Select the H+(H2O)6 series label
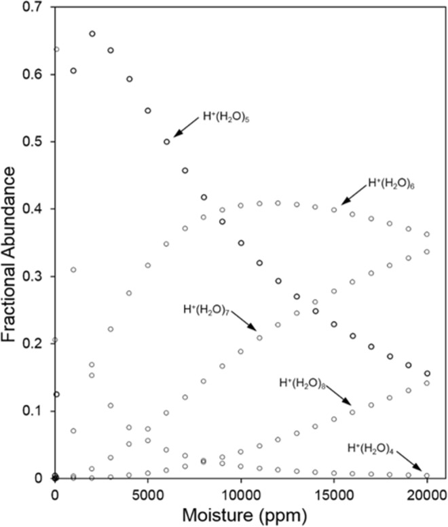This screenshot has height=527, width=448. point(390,183)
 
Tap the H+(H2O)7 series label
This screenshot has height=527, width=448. point(206,309)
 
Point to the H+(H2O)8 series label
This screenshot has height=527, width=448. point(303,383)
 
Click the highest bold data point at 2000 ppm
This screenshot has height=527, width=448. point(92,34)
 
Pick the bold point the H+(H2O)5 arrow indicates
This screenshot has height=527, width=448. point(167,142)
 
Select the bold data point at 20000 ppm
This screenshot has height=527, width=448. point(427,373)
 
